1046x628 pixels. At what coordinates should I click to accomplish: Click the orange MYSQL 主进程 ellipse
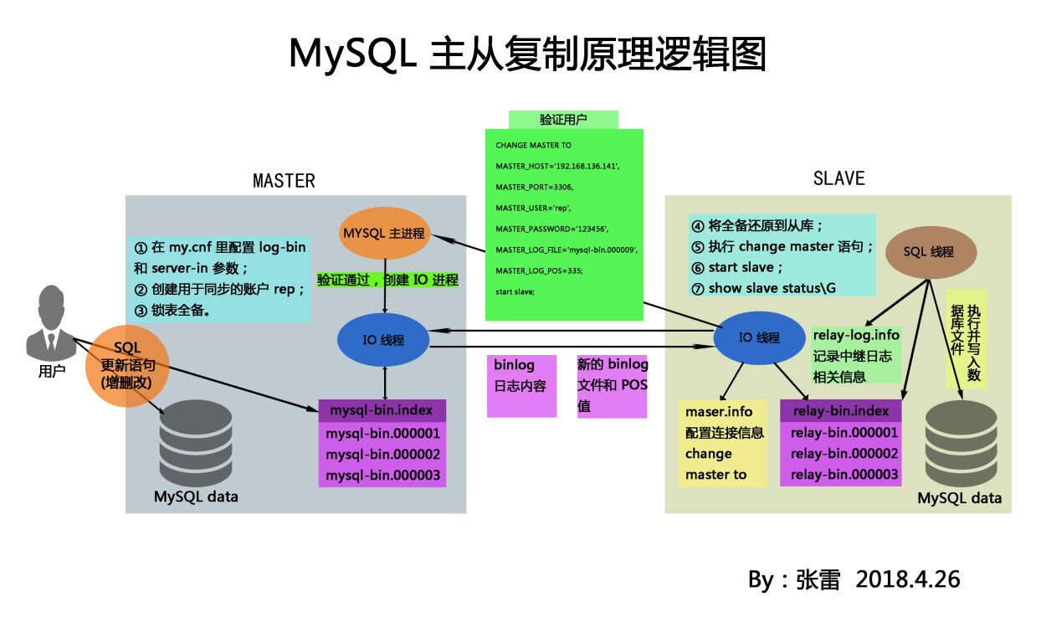pos(384,234)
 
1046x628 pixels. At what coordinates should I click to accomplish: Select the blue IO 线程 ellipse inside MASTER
pos(383,339)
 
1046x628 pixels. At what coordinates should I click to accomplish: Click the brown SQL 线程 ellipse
pos(929,252)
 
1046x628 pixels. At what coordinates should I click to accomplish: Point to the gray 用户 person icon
pos(52,322)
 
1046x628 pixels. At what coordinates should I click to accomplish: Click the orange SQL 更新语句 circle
pos(126,367)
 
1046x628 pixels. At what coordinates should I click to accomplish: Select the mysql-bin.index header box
pos(382,411)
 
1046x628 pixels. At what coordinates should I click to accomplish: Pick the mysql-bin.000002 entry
pos(382,455)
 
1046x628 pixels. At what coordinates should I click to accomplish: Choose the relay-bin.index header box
pos(840,411)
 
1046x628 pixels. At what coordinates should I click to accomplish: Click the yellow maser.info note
pos(722,444)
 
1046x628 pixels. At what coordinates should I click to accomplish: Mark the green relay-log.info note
pos(856,356)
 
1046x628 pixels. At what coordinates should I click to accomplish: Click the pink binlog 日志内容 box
pos(522,385)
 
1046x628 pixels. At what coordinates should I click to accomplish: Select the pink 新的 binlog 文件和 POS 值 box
pos(612,386)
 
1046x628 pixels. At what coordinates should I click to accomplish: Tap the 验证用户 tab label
pos(563,120)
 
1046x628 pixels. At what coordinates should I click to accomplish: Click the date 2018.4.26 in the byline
pos(908,579)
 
